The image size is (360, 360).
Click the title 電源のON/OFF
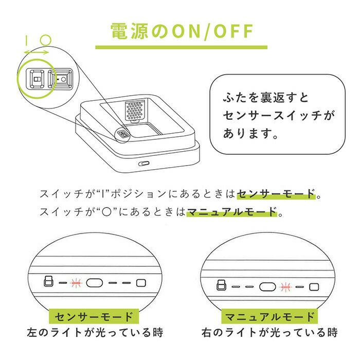click(x=182, y=31)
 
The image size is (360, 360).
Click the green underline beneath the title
click(x=182, y=47)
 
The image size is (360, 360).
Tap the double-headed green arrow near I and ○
click(x=37, y=52)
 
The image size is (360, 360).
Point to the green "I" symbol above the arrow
click(x=27, y=40)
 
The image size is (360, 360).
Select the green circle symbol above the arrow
click(x=45, y=40)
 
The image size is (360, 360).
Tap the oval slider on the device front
click(x=143, y=164)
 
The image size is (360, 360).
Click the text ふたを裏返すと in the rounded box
click(x=266, y=98)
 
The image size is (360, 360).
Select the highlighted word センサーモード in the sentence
click(x=276, y=194)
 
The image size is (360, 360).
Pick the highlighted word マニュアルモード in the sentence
click(x=232, y=212)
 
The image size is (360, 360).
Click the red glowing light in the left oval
click(x=76, y=283)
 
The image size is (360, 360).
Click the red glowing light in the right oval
click(x=285, y=287)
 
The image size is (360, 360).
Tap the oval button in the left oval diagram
click(x=94, y=283)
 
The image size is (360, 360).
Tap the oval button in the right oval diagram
click(x=267, y=287)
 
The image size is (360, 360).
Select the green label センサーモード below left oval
click(x=94, y=317)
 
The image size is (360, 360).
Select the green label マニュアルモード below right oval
click(x=269, y=317)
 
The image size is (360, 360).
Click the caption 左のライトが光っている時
click(x=95, y=332)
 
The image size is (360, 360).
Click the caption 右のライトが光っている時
click(x=269, y=332)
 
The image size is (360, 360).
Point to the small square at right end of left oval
click(x=141, y=283)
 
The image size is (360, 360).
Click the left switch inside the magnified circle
click(x=37, y=79)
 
